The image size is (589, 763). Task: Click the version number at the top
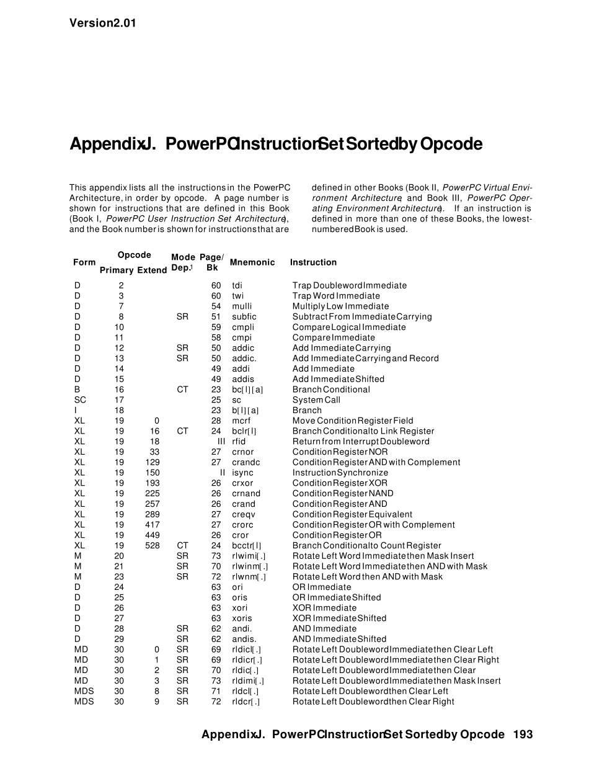point(102,24)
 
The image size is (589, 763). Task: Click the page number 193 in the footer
point(523,734)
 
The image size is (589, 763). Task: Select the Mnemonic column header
point(252,262)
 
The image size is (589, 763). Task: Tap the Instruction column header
point(313,262)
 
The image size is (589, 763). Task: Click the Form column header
point(84,262)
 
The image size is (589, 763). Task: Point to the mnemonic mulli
point(242,306)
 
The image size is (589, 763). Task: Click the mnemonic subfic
point(244,317)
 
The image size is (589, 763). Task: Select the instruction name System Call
point(316,400)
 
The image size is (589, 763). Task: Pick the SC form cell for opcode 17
point(80,400)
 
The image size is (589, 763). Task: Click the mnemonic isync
point(242,473)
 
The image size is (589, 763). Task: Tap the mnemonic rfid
point(239,442)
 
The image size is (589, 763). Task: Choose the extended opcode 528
point(152,546)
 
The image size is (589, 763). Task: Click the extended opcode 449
point(152,535)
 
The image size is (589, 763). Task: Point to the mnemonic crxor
point(242,483)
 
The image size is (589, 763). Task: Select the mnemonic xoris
point(242,618)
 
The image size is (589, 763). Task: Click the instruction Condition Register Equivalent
point(352,514)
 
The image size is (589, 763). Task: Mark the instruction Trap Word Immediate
point(336,296)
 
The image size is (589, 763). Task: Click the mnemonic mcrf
point(241,421)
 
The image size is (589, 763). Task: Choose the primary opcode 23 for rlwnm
point(119,577)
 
